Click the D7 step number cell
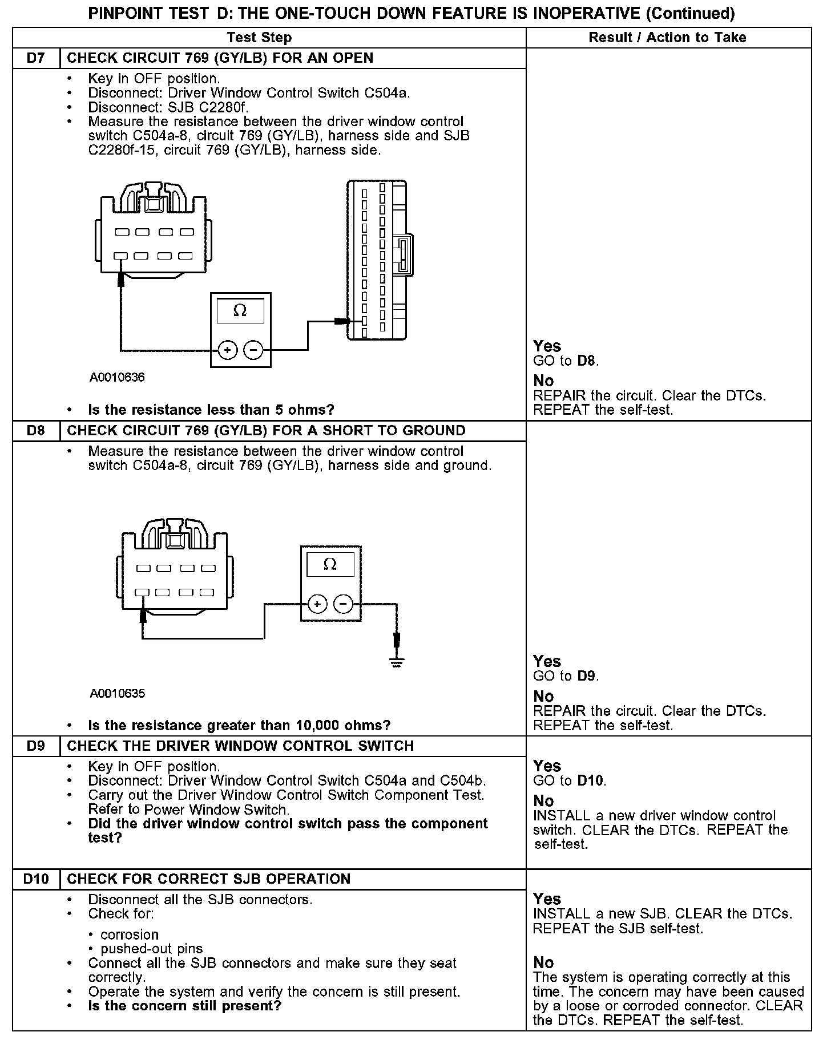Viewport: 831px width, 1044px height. click(x=36, y=58)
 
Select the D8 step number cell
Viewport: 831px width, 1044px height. click(x=36, y=431)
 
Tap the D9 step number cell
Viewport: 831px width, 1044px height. click(x=36, y=746)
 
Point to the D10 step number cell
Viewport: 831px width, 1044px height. click(x=36, y=879)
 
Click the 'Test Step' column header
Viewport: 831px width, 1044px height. click(x=259, y=38)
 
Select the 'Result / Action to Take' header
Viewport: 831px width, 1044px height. click(x=667, y=38)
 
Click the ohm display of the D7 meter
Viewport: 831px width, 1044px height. click(x=240, y=311)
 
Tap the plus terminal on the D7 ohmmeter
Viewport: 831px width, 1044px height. click(x=227, y=350)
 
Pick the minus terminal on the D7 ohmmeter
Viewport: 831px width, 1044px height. click(x=253, y=350)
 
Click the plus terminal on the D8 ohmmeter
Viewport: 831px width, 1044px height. click(x=317, y=604)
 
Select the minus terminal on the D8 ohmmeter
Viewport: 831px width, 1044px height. click(x=343, y=604)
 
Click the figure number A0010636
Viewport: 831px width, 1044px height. click(x=117, y=378)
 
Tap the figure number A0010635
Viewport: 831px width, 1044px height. click(x=117, y=694)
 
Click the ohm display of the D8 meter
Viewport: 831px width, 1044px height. click(x=330, y=565)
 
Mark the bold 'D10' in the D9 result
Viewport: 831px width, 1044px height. click(x=590, y=780)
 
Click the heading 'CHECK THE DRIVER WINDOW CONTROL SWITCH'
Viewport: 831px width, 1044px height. click(x=240, y=746)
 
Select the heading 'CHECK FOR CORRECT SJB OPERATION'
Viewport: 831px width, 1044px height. click(x=208, y=879)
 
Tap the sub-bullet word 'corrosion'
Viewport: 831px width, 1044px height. click(x=130, y=934)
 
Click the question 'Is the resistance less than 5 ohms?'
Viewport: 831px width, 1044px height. click(x=211, y=410)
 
